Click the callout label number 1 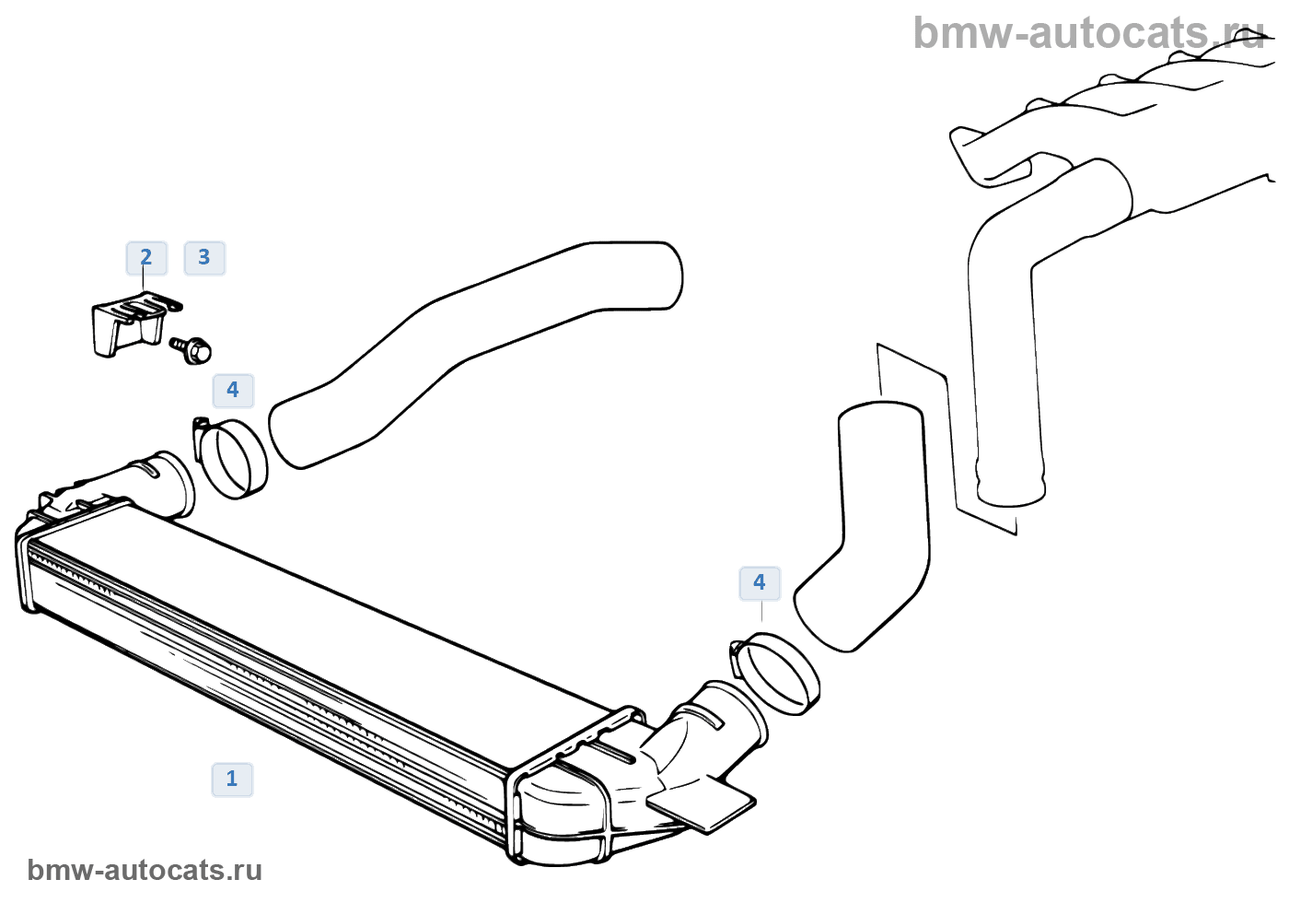(232, 780)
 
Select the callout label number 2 (146, 258)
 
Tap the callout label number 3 (204, 258)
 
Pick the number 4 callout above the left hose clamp (233, 391)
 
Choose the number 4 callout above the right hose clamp (760, 583)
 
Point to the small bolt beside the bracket (192, 349)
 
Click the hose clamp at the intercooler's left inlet (232, 458)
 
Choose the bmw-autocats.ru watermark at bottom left (145, 870)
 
